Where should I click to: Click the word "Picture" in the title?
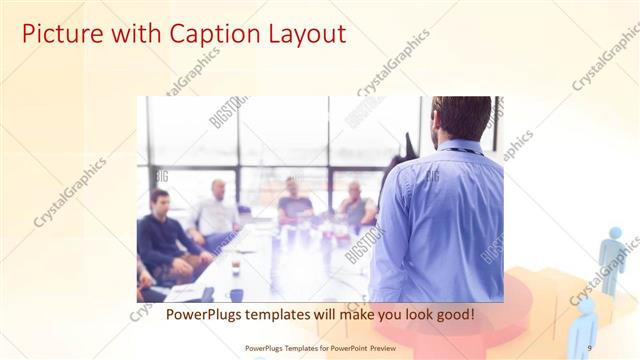(x=60, y=34)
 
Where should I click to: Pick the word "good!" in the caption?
(x=452, y=314)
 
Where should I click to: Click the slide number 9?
(x=590, y=347)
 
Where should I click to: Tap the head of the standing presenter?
(x=462, y=117)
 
